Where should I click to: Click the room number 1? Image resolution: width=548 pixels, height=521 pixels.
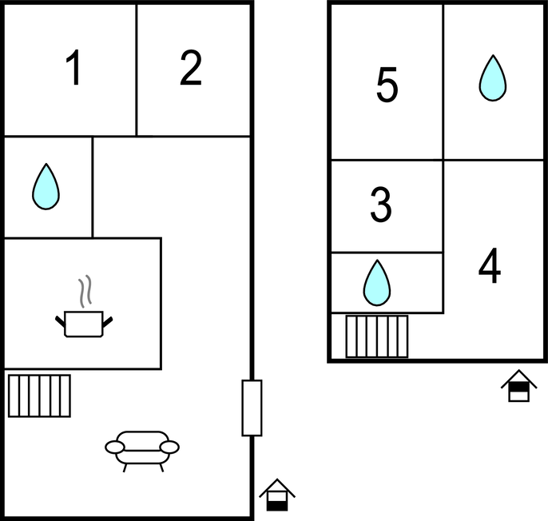73,67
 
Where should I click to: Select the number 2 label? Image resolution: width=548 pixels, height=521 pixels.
191,67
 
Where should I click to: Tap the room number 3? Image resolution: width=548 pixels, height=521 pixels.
381,205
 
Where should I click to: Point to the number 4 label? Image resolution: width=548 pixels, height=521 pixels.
490,265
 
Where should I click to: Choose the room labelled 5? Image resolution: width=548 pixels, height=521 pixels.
387,85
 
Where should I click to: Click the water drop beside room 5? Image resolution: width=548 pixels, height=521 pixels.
493,78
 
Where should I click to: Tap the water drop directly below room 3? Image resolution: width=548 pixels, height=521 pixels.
377,283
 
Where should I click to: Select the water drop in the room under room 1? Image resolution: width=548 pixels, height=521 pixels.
46,186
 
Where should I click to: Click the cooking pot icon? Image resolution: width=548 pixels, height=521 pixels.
84,324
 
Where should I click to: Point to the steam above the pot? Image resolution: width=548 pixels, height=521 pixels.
85,291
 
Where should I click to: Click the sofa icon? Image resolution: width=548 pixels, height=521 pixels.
142,451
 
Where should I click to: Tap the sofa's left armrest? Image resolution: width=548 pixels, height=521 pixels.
115,447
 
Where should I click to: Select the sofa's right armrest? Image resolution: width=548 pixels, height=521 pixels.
169,447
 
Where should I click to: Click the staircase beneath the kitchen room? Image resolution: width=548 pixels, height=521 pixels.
39,396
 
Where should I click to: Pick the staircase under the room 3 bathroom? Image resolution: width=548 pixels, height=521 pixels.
377,336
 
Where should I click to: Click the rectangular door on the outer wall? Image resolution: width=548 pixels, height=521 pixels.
252,408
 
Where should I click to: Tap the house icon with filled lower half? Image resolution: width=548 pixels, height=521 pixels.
277,495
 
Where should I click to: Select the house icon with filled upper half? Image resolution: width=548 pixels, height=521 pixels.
519,386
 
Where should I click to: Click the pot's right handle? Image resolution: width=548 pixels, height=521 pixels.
108,322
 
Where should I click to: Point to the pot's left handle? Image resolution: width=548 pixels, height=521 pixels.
60,321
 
